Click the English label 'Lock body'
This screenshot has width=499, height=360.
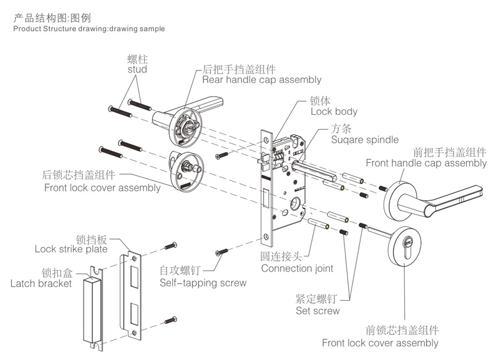(334, 112)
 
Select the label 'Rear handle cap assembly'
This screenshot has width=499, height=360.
(261, 80)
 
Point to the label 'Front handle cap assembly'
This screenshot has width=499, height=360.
(426, 163)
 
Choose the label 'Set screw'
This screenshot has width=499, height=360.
(317, 310)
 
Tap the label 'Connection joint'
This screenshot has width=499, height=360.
(297, 268)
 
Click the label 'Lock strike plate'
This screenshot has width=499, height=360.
(71, 249)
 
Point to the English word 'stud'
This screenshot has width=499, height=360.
(137, 70)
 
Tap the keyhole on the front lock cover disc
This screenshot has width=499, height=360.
(409, 243)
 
